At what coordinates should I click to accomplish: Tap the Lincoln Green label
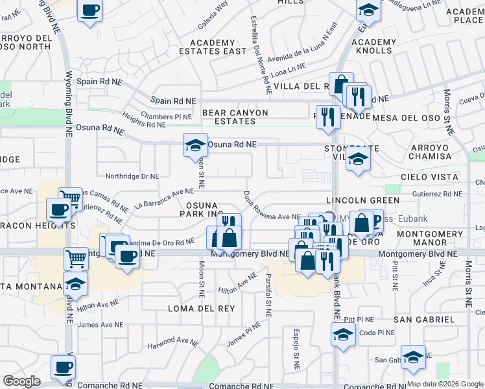click(x=361, y=200)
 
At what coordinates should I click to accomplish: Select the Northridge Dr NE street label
click(x=132, y=176)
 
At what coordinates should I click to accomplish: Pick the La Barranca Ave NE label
click(x=164, y=197)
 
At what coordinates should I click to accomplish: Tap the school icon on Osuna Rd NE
click(x=195, y=146)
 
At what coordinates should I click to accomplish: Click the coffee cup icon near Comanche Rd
click(x=63, y=366)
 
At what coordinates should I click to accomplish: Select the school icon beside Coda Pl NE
click(x=342, y=335)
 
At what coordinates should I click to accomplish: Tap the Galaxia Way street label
click(x=214, y=14)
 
